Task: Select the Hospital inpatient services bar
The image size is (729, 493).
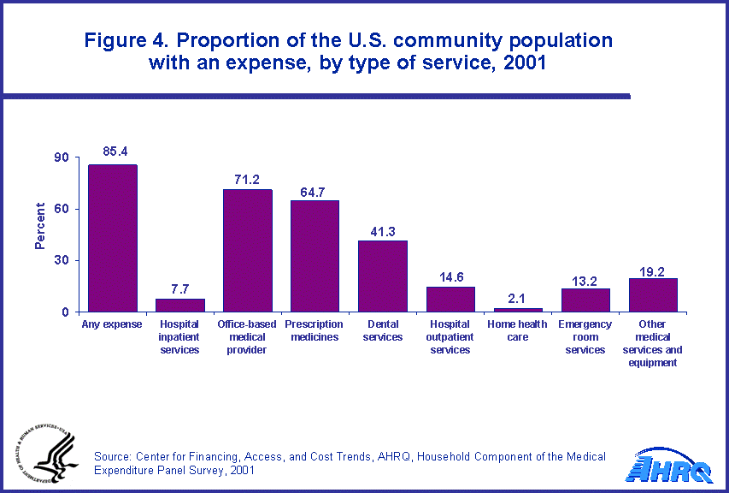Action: (179, 305)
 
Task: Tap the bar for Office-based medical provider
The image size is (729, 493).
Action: (247, 251)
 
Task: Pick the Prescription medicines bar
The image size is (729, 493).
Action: (315, 256)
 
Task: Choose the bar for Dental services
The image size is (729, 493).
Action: (382, 276)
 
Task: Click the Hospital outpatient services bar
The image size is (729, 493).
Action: (450, 299)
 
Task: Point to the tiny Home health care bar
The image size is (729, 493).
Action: (518, 310)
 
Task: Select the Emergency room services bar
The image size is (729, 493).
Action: (585, 300)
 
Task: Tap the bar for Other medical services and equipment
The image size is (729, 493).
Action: (653, 295)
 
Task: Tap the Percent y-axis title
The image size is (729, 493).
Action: (40, 226)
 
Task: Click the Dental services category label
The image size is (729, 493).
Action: (382, 330)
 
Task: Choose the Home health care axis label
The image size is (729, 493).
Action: (518, 330)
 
